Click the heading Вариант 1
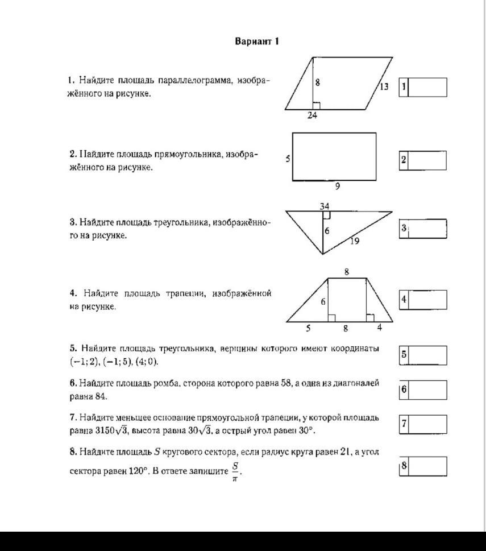pyautogui.click(x=257, y=42)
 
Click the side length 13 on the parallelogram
pyautogui.click(x=384, y=86)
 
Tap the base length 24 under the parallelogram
pyautogui.click(x=312, y=115)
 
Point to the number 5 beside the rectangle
pyautogui.click(x=288, y=159)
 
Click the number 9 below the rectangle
pyautogui.click(x=338, y=186)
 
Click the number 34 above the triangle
pyautogui.click(x=325, y=206)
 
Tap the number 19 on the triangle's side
pyautogui.click(x=354, y=241)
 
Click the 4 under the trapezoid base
pyautogui.click(x=380, y=328)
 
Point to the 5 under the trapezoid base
pyautogui.click(x=309, y=328)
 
